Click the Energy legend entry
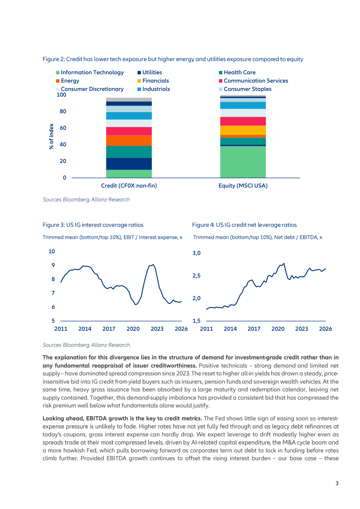click(x=68, y=81)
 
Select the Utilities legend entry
click(x=149, y=72)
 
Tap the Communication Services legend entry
click(x=253, y=81)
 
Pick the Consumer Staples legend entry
click(x=245, y=89)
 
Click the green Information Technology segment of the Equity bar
click(x=243, y=162)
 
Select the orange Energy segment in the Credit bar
click(x=129, y=141)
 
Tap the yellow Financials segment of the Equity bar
click(x=243, y=130)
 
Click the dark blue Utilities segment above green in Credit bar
click(x=129, y=164)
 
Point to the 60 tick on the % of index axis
click(x=63, y=128)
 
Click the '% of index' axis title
click(x=51, y=136)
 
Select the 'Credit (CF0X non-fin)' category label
click(x=129, y=186)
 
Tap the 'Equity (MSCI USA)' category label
click(x=243, y=186)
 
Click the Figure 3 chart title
click(x=93, y=225)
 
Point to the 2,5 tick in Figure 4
click(x=196, y=276)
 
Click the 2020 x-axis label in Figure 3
click(x=133, y=329)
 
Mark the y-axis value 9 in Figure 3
click(x=53, y=265)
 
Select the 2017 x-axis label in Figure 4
click(x=254, y=329)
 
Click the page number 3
click(x=337, y=483)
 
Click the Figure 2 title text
click(x=173, y=59)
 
